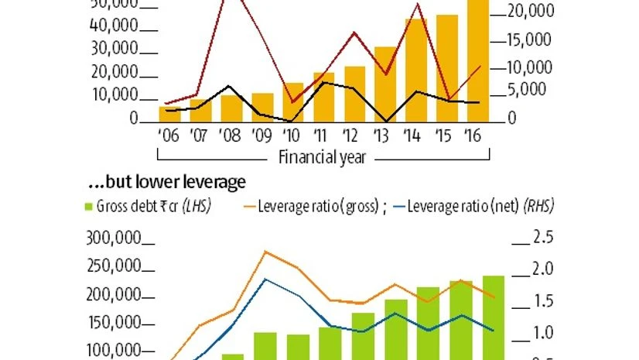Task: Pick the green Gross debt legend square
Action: (x=88, y=207)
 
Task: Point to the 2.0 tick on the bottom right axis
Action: (x=521, y=269)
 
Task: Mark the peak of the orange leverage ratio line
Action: (x=265, y=251)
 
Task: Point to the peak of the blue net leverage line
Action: (x=265, y=279)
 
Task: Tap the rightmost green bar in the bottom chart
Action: (x=494, y=317)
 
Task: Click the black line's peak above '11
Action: (x=323, y=82)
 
